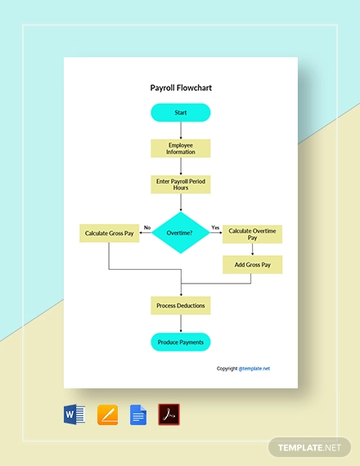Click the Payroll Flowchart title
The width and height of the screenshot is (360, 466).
(x=180, y=88)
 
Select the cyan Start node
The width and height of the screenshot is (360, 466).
(x=180, y=112)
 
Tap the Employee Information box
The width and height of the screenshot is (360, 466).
(x=180, y=148)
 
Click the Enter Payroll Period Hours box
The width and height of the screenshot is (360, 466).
(x=180, y=183)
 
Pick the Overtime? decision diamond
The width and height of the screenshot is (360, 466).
(x=180, y=233)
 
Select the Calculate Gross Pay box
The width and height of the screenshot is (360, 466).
(x=109, y=234)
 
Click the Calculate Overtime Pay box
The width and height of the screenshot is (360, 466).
(x=252, y=234)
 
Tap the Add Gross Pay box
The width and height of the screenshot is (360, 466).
(x=252, y=264)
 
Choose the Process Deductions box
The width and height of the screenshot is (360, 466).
(x=180, y=306)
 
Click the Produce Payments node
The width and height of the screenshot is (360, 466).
(x=180, y=342)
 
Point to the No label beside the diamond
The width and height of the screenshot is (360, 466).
(x=147, y=227)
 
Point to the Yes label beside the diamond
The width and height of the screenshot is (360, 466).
(x=215, y=227)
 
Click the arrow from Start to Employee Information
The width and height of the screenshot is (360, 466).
(x=180, y=130)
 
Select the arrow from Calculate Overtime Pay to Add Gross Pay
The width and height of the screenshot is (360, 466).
(x=252, y=249)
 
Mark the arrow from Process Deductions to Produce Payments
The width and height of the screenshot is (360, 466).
(x=180, y=324)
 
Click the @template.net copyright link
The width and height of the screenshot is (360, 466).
(x=254, y=369)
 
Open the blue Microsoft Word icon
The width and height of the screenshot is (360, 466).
(x=74, y=414)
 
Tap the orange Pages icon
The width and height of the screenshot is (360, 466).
(x=108, y=414)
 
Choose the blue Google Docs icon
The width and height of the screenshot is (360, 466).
(x=138, y=414)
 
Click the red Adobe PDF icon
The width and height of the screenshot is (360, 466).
(x=169, y=414)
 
